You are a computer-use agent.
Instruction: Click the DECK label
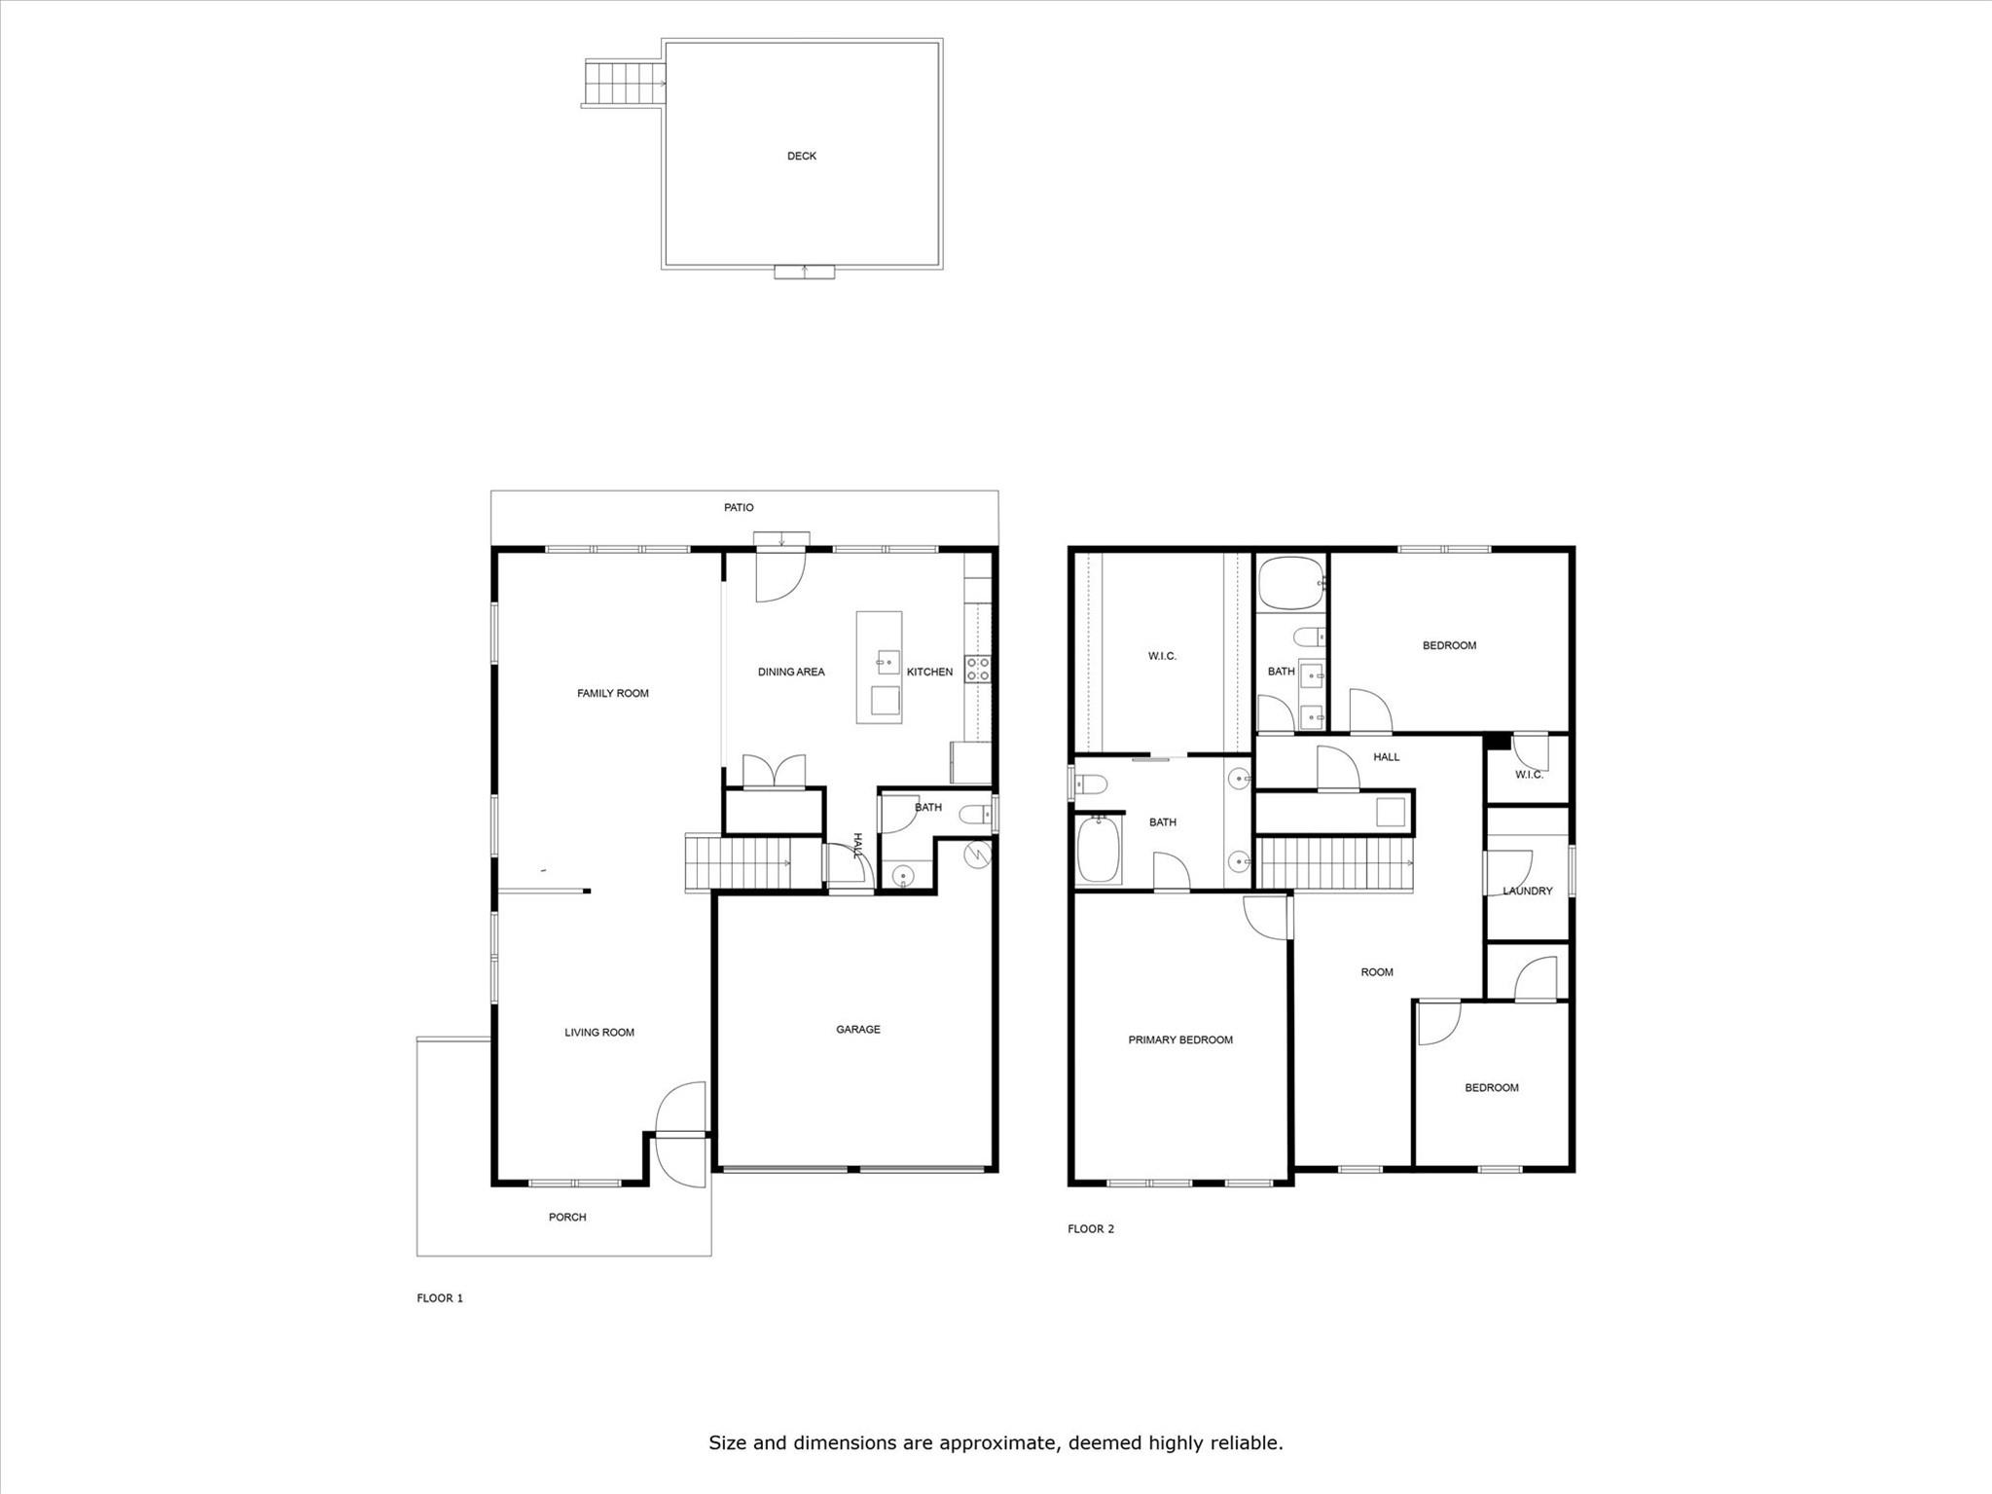pyautogui.click(x=802, y=156)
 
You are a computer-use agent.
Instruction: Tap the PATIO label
pyautogui.click(x=739, y=507)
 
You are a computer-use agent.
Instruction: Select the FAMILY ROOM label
pyautogui.click(x=613, y=693)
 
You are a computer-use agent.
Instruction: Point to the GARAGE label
pyautogui.click(x=858, y=1029)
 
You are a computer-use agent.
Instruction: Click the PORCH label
pyautogui.click(x=567, y=1217)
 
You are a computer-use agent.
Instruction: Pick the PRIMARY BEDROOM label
pyautogui.click(x=1180, y=1039)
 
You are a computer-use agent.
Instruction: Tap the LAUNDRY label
pyautogui.click(x=1528, y=891)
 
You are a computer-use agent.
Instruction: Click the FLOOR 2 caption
pyautogui.click(x=1091, y=1228)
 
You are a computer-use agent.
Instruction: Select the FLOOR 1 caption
pyautogui.click(x=440, y=1297)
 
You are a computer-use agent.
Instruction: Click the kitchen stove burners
pyautogui.click(x=978, y=669)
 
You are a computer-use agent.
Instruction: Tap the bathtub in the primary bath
pyautogui.click(x=1098, y=849)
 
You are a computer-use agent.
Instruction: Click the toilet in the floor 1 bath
pyautogui.click(x=973, y=815)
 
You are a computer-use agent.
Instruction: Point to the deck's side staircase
pyautogui.click(x=624, y=83)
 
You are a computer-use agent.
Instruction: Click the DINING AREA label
pyautogui.click(x=791, y=672)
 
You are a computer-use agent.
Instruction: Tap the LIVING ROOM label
pyautogui.click(x=599, y=1033)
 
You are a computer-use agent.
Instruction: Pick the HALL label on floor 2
pyautogui.click(x=1387, y=756)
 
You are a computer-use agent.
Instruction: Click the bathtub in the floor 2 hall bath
pyautogui.click(x=1290, y=583)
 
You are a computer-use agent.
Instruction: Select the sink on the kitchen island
pyautogui.click(x=887, y=663)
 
